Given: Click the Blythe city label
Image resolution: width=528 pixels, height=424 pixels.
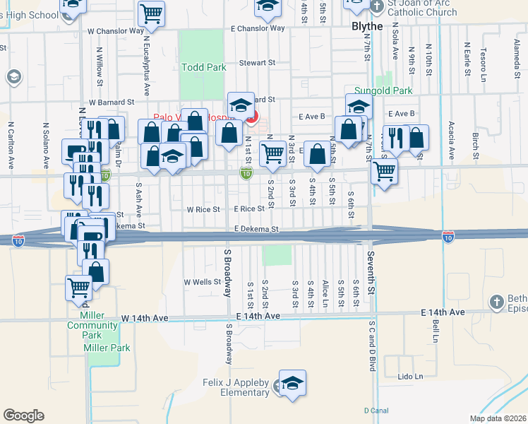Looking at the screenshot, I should [367, 26].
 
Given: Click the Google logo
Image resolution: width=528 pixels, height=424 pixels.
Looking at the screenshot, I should [23, 415].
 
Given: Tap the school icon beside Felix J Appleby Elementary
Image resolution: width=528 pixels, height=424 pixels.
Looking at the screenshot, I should [292, 384].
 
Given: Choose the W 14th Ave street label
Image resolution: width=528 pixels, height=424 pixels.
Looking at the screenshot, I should [145, 319].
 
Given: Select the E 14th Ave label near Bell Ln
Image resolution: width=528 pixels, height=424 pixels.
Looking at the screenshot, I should [443, 312].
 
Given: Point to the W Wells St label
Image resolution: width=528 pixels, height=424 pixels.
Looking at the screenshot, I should [203, 282].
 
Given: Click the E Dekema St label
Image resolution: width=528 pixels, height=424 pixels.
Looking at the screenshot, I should [257, 230].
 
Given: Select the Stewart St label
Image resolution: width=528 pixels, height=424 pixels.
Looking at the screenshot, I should [256, 63].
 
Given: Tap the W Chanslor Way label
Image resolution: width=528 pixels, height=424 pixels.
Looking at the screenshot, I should [116, 31].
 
